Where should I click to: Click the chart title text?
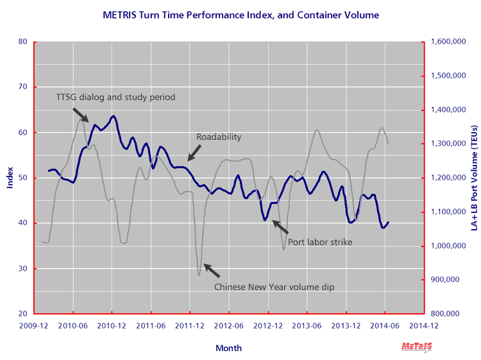(240, 14)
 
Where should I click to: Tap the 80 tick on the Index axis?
(23, 42)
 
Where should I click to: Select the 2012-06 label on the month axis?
(229, 325)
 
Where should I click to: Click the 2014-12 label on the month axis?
(424, 325)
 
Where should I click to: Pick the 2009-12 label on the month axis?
(34, 325)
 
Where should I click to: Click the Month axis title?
(229, 348)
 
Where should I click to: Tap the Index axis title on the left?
(10, 178)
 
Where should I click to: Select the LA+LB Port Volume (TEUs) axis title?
(473, 178)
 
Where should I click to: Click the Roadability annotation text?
(218, 137)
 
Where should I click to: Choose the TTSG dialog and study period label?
(116, 97)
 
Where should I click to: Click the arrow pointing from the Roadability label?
(194, 152)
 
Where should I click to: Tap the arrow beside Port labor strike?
(280, 227)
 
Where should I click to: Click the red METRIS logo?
(417, 347)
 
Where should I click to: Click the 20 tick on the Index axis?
(23, 314)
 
